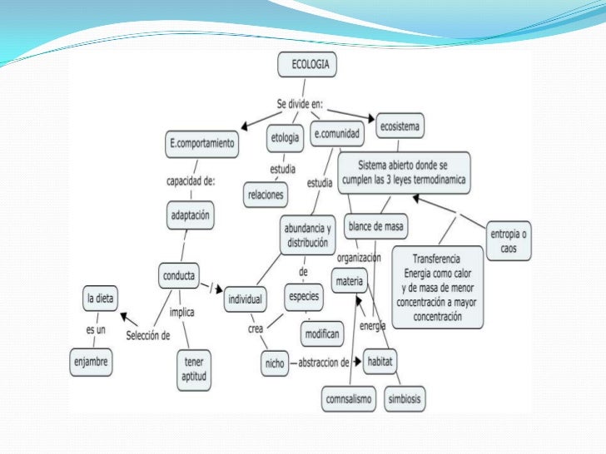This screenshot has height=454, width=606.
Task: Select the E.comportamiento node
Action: click(202, 146)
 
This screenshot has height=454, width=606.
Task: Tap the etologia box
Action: click(285, 138)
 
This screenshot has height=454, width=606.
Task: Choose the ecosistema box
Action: click(400, 126)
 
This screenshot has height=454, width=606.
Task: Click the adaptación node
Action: click(191, 215)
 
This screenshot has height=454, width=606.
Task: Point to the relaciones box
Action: click(266, 195)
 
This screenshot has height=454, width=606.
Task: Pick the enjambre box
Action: click(91, 362)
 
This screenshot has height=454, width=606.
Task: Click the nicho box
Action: click(275, 363)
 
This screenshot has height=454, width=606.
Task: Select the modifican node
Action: click(322, 334)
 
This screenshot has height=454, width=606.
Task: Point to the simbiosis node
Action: click(405, 399)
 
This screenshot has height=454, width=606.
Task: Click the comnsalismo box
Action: click(349, 399)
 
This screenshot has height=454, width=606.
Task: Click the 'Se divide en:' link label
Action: click(300, 104)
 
